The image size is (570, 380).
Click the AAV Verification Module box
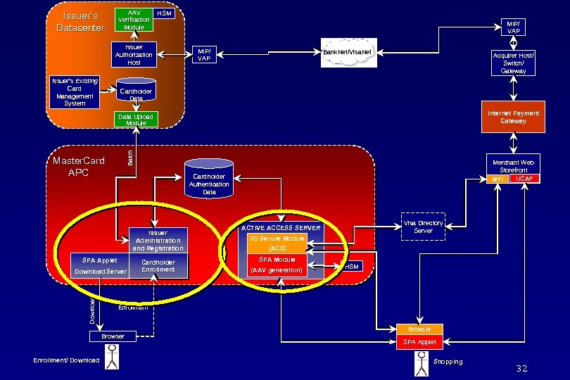point(134,20)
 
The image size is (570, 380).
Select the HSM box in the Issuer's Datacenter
point(164,13)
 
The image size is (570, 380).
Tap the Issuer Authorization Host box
point(134,55)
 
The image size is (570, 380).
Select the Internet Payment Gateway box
point(513,118)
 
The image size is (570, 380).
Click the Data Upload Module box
point(136,120)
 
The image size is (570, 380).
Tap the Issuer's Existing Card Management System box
point(75,92)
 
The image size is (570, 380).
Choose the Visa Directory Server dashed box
point(423,227)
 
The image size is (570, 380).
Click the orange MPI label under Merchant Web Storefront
point(498,179)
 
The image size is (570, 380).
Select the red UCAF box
point(524,179)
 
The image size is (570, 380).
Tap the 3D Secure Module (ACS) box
point(277,243)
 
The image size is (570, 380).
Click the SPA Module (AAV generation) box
point(277,265)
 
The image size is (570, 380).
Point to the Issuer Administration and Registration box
point(158,240)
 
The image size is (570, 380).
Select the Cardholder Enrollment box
point(158,266)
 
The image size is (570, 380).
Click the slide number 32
point(521,369)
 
